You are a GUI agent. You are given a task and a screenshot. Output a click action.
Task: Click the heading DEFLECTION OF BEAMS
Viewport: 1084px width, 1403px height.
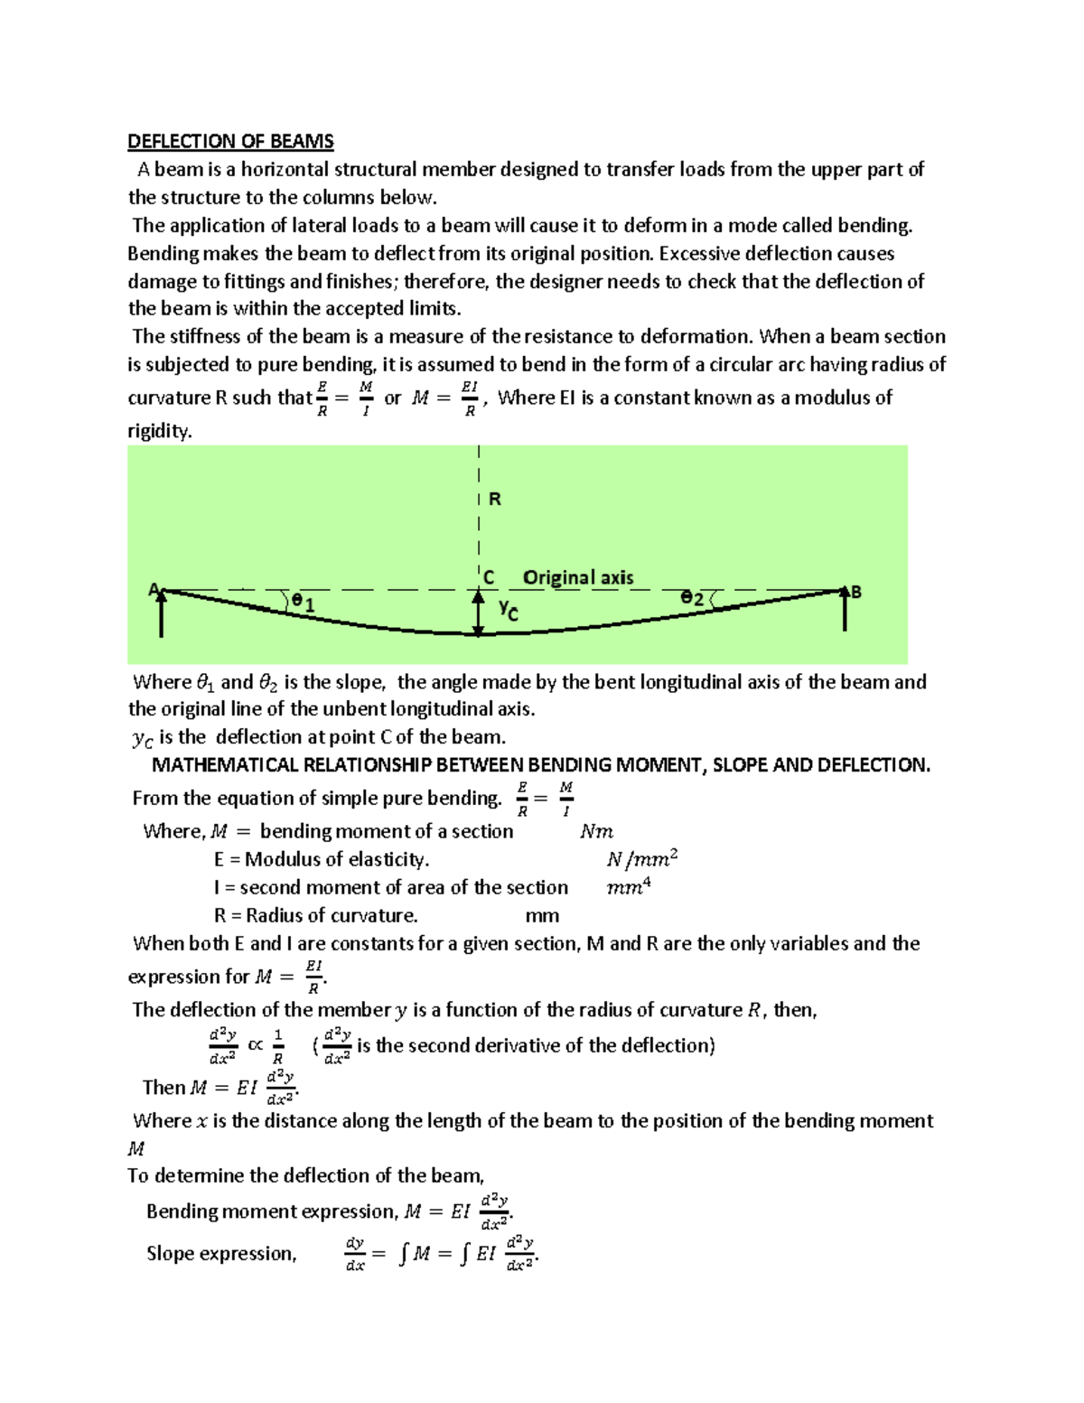(x=230, y=142)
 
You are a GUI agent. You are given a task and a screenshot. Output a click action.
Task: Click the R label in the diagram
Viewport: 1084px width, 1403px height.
(x=494, y=499)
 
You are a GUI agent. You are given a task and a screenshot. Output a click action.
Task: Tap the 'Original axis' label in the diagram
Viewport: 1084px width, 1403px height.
(x=578, y=577)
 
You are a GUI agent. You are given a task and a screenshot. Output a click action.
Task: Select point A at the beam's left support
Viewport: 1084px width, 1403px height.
(x=154, y=590)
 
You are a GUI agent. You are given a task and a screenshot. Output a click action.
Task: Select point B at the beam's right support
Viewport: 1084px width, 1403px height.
(x=856, y=592)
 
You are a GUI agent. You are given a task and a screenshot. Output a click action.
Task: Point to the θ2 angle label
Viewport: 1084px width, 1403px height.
(x=692, y=598)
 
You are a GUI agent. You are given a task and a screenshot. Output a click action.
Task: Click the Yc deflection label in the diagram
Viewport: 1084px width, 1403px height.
(x=509, y=611)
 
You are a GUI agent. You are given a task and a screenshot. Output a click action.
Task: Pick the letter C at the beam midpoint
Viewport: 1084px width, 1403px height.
(x=489, y=577)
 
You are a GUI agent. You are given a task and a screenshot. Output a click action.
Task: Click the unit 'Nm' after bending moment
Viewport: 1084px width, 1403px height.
(x=596, y=831)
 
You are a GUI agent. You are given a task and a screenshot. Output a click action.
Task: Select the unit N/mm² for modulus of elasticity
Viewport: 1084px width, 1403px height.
(x=641, y=858)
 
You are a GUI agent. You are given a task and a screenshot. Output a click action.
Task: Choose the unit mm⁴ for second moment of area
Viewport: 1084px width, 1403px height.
(x=628, y=887)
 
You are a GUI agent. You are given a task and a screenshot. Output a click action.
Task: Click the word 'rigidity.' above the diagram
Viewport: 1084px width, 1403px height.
(x=160, y=431)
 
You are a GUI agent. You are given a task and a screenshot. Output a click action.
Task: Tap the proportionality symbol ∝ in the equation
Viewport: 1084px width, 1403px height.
(x=256, y=1044)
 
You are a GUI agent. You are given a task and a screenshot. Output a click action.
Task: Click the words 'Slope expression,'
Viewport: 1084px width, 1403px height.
(x=221, y=1254)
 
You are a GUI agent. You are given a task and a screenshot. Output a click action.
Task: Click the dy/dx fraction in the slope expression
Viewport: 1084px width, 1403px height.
(x=355, y=1254)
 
